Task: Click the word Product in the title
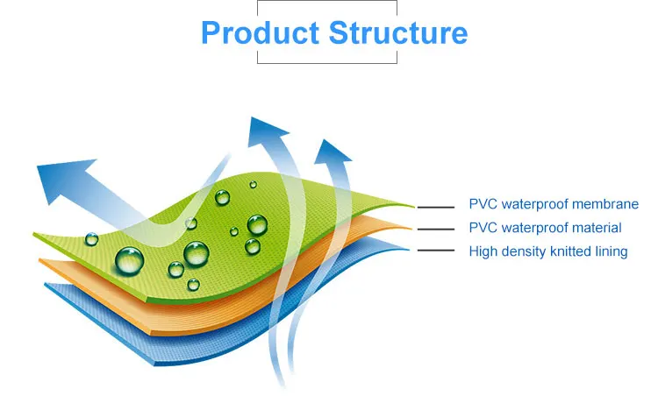pos(261,32)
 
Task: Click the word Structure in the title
pos(398,32)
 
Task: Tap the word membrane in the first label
pos(605,204)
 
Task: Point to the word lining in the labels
pos(612,251)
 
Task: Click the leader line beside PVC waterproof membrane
pos(435,207)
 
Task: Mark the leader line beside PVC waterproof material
pos(435,230)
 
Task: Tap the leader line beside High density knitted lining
pos(435,251)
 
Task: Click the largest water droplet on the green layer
pos(129,261)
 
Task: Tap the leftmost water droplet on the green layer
pos(91,239)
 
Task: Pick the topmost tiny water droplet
pos(253,184)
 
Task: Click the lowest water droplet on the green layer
pos(193,285)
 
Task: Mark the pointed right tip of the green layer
pos(414,207)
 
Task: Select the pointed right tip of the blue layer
pos(408,251)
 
